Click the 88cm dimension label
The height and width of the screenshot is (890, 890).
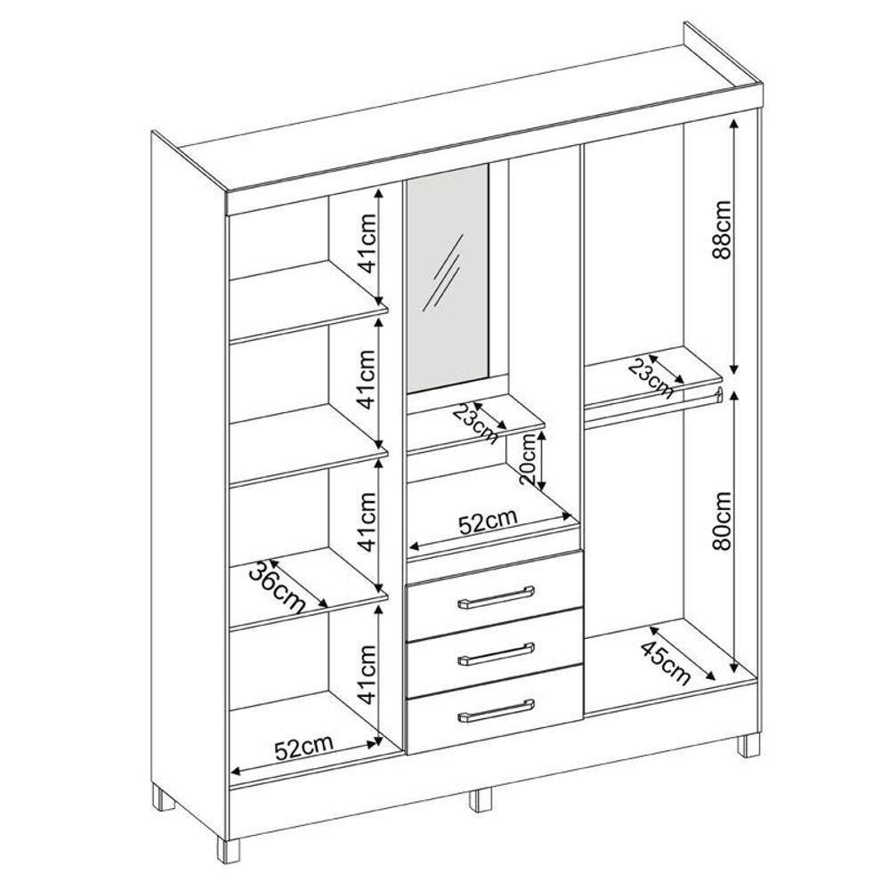point(723,230)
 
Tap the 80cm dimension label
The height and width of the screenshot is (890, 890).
point(723,521)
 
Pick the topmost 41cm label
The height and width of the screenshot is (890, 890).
point(368,244)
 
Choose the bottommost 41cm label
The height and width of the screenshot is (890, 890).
point(368,674)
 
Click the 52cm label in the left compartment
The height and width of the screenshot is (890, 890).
point(303,748)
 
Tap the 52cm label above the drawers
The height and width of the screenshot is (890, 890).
point(488,522)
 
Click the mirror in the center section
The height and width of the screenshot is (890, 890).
point(448,279)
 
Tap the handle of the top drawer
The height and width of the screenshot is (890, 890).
point(496,597)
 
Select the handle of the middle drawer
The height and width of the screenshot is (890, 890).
point(496,654)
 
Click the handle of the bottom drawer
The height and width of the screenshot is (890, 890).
point(496,711)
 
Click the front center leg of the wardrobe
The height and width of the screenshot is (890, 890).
point(481,800)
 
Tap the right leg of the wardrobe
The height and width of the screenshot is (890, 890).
point(748,745)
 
